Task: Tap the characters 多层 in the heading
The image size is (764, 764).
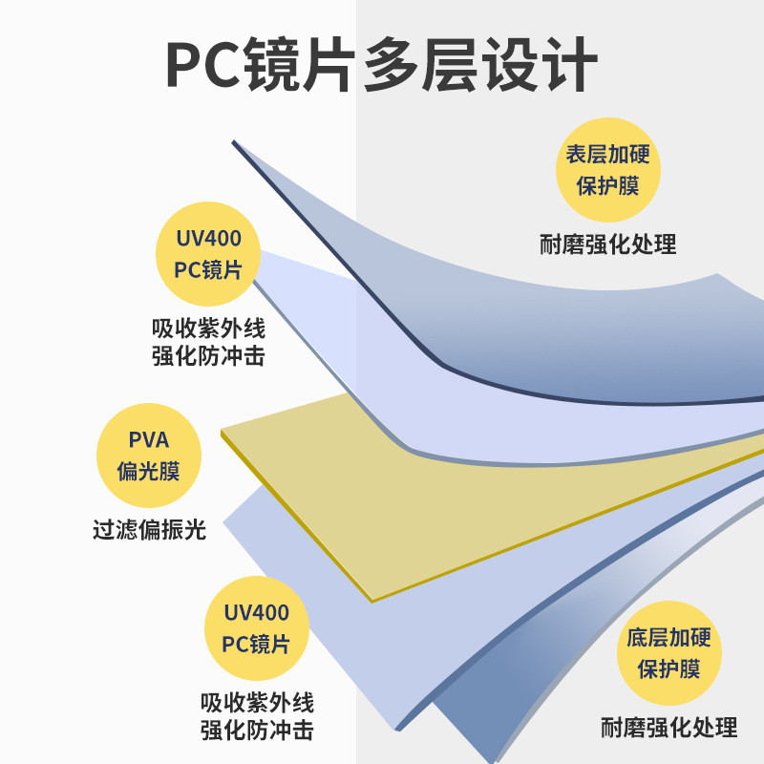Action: (420, 64)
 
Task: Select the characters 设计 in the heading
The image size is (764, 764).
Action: (540, 64)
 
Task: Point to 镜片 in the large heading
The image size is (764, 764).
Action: (301, 64)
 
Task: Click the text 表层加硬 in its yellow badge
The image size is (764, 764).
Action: (607, 155)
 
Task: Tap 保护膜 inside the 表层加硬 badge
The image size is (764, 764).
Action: (607, 186)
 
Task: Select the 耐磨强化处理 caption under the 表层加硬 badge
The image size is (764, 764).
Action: (607, 244)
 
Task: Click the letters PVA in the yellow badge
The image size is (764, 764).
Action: (149, 440)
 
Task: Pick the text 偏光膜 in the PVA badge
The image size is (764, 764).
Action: (149, 471)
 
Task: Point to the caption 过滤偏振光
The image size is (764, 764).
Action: (149, 530)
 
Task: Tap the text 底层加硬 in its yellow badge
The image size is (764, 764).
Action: (668, 638)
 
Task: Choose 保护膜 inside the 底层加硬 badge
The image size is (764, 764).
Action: (668, 669)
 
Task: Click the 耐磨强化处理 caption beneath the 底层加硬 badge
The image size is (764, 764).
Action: (668, 728)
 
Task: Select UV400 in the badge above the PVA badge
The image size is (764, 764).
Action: (208, 239)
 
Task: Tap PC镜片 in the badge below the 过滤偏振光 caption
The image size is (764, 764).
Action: (256, 644)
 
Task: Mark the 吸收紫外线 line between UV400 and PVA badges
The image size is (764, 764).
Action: (208, 329)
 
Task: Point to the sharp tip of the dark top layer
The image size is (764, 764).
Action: (233, 141)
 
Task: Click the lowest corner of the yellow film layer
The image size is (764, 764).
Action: (372, 602)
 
